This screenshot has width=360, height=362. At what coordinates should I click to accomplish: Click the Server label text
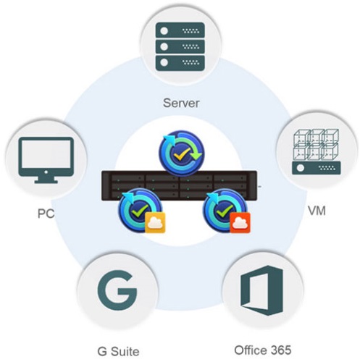pyautogui.click(x=181, y=103)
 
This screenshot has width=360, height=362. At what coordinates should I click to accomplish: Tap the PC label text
pyautogui.click(x=46, y=214)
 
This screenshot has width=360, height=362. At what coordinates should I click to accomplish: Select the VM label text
pyautogui.click(x=317, y=211)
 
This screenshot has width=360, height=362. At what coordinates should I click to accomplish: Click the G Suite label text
pyautogui.click(x=118, y=351)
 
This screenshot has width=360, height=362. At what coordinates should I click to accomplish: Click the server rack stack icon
pyautogui.click(x=180, y=46)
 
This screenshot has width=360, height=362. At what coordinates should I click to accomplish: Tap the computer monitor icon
pyautogui.click(x=46, y=160)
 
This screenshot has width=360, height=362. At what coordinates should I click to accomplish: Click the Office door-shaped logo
pyautogui.click(x=262, y=290)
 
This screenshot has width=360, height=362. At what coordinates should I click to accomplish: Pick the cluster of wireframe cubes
pyautogui.click(x=316, y=145)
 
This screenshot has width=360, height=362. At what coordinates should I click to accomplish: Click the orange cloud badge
pyautogui.click(x=240, y=222)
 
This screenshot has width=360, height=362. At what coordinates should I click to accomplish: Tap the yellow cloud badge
pyautogui.click(x=155, y=222)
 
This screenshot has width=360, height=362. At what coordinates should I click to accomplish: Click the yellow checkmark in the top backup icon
pyautogui.click(x=182, y=153)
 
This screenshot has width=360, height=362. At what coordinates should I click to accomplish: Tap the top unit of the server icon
pyautogui.click(x=180, y=30)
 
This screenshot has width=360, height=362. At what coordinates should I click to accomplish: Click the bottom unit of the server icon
pyautogui.click(x=180, y=63)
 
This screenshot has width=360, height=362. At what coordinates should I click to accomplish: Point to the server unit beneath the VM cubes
pyautogui.click(x=317, y=168)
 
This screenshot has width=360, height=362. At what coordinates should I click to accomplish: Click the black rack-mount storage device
pyautogui.click(x=179, y=185)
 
